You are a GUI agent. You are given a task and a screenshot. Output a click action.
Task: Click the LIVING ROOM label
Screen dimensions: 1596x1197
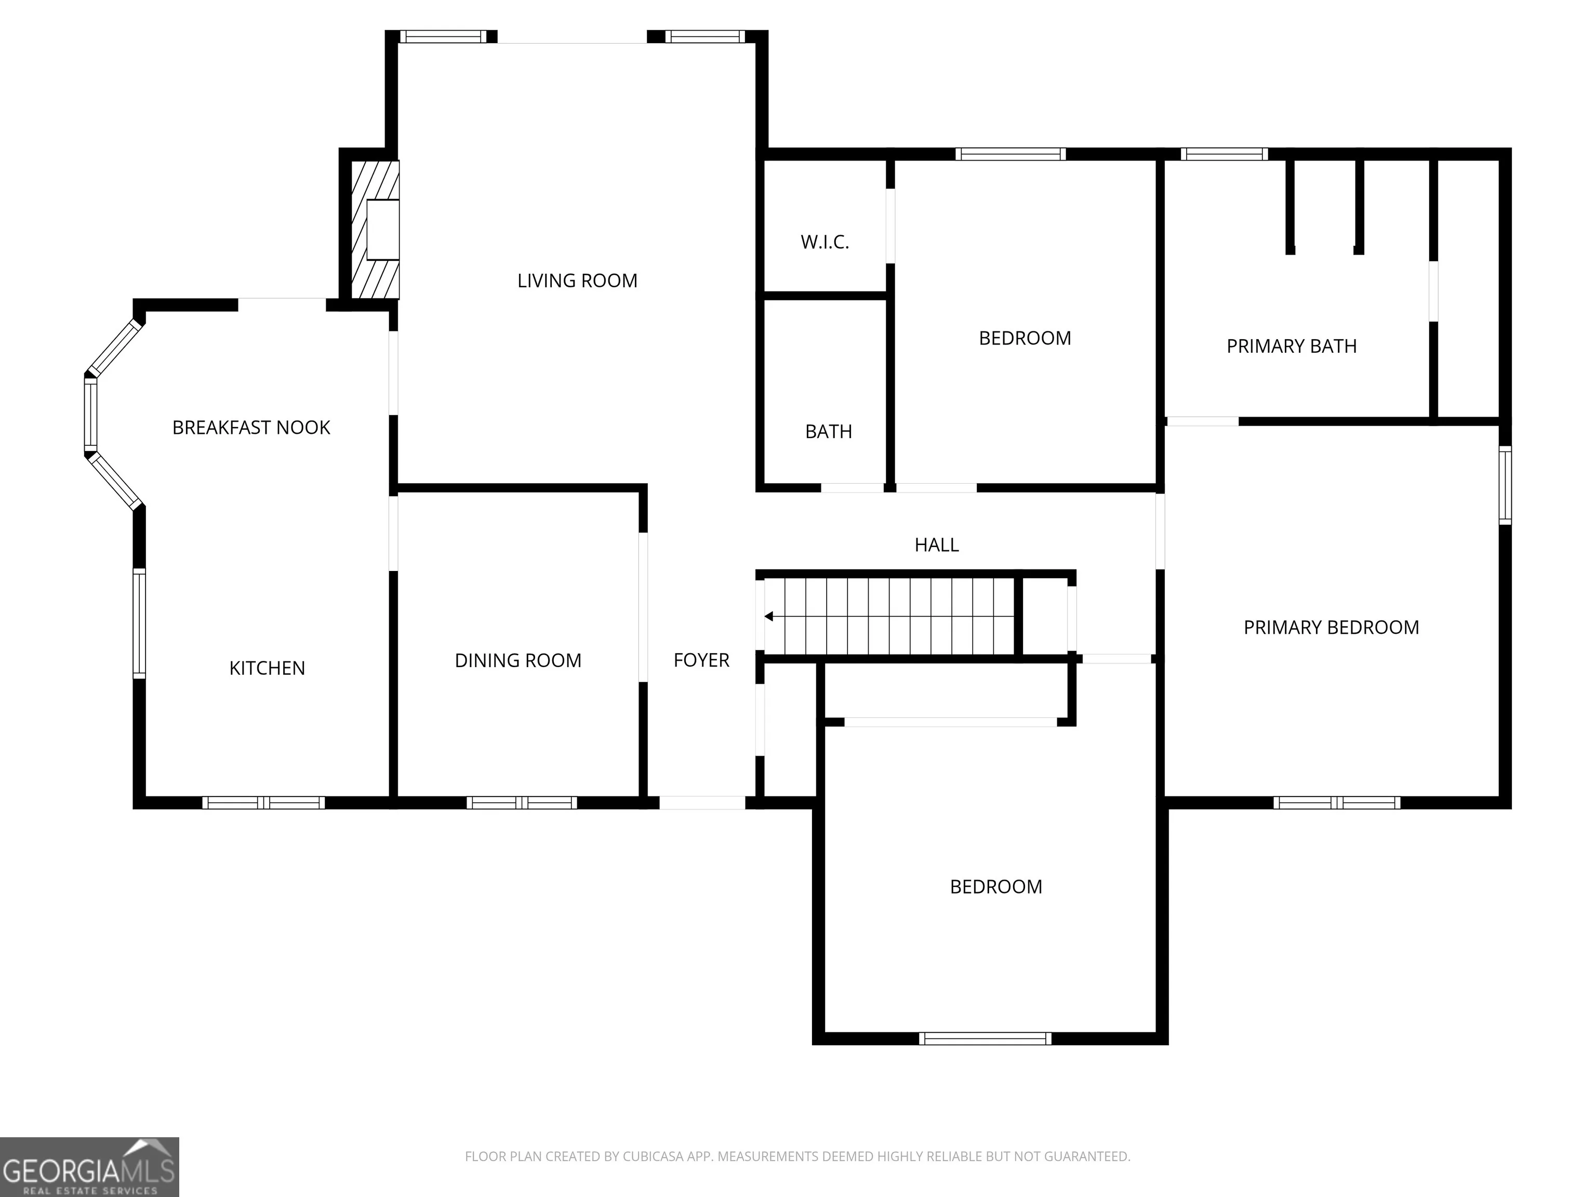click(x=577, y=281)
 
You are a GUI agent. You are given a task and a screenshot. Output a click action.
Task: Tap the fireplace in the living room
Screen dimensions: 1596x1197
click(x=375, y=230)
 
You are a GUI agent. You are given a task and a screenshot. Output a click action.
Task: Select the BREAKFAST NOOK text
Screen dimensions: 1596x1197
click(x=251, y=428)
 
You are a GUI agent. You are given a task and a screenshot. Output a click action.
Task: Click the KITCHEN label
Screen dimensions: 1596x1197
click(x=267, y=668)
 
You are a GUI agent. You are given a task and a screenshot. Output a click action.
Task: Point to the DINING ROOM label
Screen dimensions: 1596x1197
click(x=518, y=660)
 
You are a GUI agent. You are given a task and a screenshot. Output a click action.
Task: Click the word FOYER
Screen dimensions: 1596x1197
click(x=701, y=660)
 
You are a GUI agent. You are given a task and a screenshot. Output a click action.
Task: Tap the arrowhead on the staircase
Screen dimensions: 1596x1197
click(x=769, y=616)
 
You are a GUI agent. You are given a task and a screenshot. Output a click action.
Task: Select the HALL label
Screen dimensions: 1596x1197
click(x=937, y=545)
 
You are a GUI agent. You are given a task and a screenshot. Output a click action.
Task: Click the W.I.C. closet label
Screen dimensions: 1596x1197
click(x=824, y=242)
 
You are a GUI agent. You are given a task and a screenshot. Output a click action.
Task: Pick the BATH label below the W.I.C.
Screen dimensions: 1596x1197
click(x=828, y=431)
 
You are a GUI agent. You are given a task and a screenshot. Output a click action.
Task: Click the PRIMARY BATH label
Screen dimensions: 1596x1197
click(x=1292, y=347)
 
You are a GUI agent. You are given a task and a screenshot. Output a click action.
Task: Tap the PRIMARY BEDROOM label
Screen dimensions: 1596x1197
click(x=1331, y=628)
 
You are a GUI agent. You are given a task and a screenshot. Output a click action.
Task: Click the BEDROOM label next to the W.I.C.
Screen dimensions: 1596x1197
click(x=1025, y=338)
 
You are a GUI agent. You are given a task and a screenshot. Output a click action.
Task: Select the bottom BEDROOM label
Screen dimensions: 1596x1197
click(x=996, y=887)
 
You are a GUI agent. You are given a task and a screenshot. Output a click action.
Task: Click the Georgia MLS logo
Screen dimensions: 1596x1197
click(x=89, y=1167)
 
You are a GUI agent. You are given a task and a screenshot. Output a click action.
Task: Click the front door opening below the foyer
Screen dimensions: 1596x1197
click(x=702, y=802)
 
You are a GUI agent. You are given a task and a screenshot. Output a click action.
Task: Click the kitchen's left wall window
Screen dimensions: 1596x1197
click(x=139, y=623)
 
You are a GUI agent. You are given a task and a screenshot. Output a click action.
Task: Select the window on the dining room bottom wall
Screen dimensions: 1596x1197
click(x=522, y=802)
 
